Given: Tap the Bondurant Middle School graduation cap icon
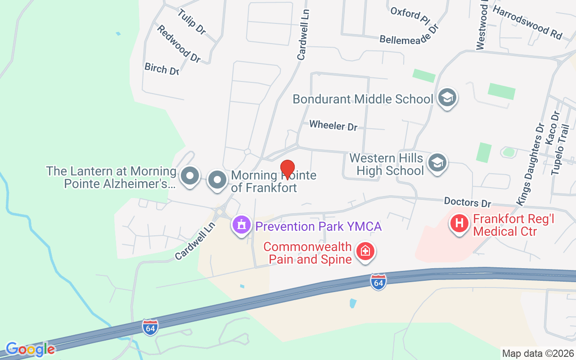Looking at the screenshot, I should click(x=447, y=97).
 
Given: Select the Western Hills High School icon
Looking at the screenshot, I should click(x=436, y=162).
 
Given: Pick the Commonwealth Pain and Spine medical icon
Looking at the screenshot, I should click(x=365, y=251).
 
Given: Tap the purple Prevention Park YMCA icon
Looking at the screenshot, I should click(x=241, y=224).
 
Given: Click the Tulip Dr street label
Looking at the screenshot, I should click(x=192, y=22).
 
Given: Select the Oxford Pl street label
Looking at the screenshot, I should click(x=410, y=15).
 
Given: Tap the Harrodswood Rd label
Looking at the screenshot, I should click(x=528, y=22).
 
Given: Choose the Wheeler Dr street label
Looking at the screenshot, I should click(x=333, y=125).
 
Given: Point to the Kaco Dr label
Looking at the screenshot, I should click(x=551, y=128).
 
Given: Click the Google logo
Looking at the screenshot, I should click(x=30, y=349).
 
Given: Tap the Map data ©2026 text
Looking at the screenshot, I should click(x=538, y=353).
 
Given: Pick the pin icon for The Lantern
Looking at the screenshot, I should click(x=189, y=176).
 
